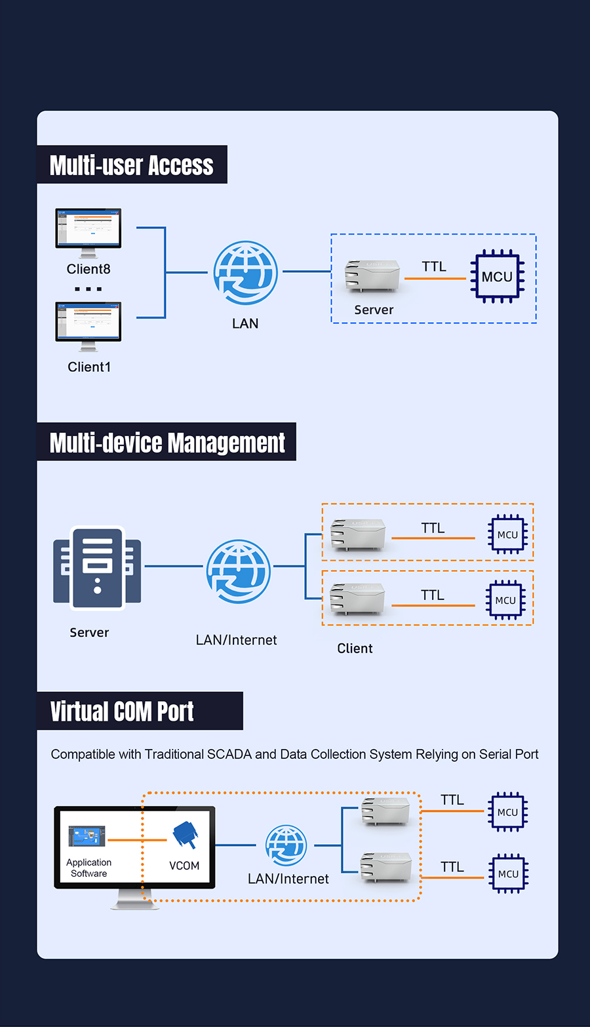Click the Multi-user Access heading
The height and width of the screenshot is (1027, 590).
132,165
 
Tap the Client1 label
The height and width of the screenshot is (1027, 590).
89,367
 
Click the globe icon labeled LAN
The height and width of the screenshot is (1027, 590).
246,273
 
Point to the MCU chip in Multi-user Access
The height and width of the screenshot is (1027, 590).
497,276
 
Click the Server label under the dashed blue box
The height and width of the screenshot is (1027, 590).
374,310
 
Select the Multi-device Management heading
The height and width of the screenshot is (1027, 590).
167,443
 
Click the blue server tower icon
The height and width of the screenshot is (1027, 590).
97,569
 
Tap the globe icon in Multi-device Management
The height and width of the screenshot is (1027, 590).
239,571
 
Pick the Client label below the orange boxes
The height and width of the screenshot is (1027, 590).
355,649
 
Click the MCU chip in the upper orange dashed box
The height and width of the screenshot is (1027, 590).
507,534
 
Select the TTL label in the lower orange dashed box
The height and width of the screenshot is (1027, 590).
433,595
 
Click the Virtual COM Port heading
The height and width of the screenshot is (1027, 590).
122,712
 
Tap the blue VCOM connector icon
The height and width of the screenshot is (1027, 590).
185,835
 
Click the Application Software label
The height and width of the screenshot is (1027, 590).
89,868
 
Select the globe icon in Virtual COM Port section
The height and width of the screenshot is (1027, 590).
286,845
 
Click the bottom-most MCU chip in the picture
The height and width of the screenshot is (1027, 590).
508,874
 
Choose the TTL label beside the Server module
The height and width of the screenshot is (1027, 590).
434,266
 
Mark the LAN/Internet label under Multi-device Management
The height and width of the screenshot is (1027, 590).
237,640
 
